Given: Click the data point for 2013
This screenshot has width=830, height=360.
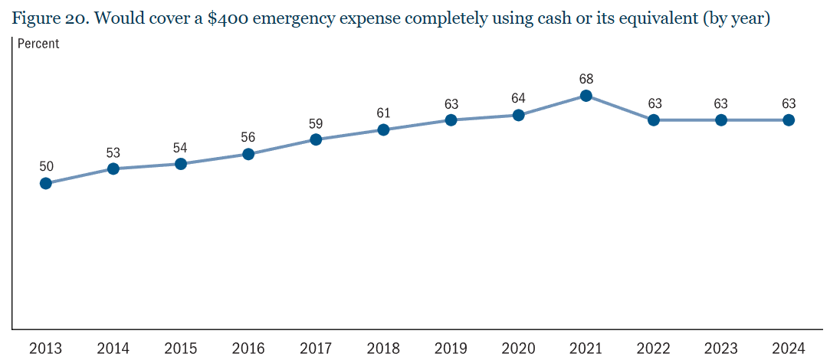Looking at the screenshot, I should point(45,183).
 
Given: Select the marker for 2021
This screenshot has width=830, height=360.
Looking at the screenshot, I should point(586,96).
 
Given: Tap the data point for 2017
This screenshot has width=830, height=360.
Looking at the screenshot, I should point(316,139).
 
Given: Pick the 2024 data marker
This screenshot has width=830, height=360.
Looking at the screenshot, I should point(789,120).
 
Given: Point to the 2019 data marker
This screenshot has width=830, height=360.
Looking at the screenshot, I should point(451,120).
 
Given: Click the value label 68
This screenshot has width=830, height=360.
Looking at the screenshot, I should point(586,78).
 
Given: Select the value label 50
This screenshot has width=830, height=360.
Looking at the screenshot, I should point(45,165).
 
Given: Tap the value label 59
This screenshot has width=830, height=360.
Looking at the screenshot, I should point(316,123).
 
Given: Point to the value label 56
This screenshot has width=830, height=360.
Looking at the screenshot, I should point(248,137).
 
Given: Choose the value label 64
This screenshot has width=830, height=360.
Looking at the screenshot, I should point(519,98).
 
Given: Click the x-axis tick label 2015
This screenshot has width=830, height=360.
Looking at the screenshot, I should point(181,349).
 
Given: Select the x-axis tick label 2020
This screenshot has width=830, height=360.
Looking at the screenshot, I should point(519,349).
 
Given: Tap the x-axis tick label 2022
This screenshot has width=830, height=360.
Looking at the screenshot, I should point(654,349).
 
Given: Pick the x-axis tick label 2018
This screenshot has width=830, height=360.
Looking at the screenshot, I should point(383,349).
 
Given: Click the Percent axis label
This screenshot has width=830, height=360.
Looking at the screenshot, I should point(38,44).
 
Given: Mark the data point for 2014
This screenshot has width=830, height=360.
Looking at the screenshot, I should point(113,169).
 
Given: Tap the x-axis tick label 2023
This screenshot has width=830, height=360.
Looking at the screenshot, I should point(721,349).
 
